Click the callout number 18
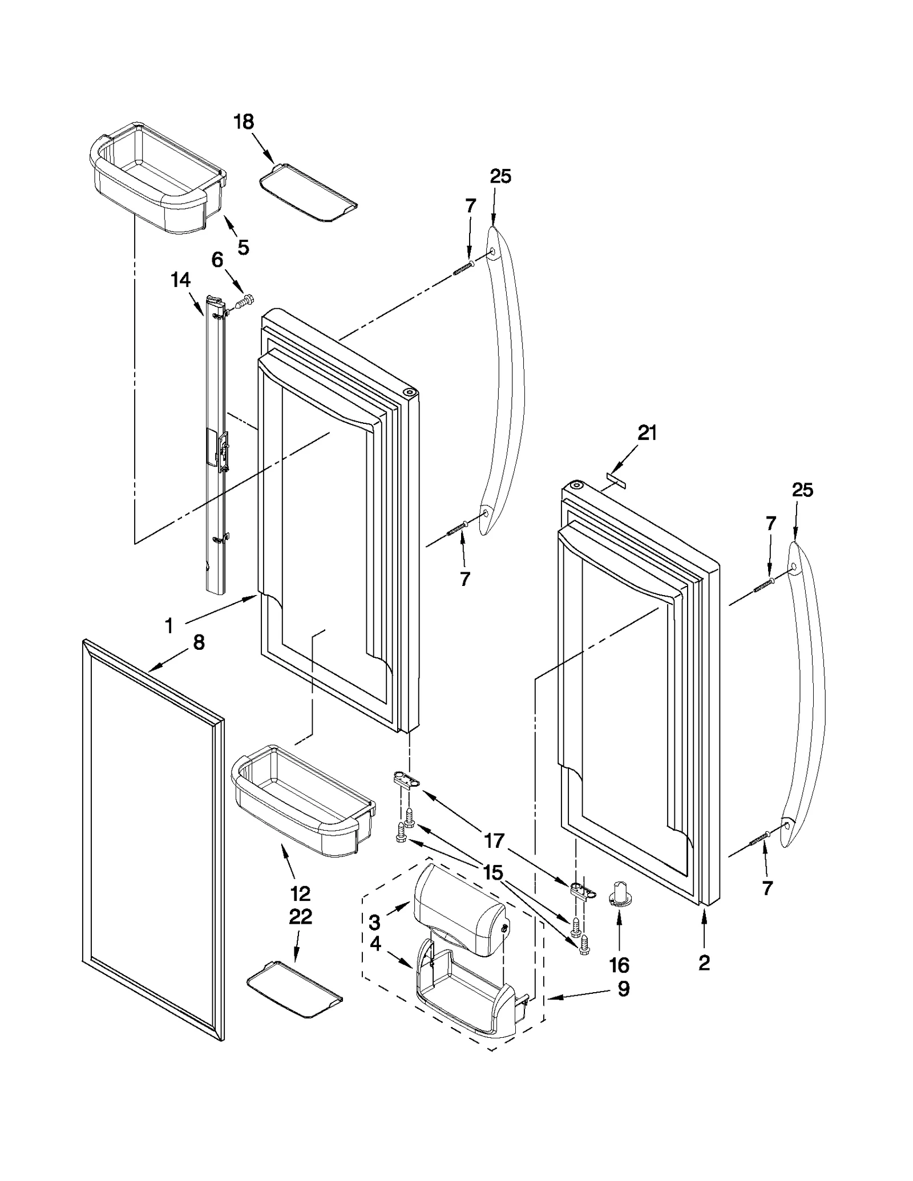(244, 122)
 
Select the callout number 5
(243, 247)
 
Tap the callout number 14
(180, 280)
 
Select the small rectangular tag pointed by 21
(616, 475)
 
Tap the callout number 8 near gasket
(199, 642)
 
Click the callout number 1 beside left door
(169, 626)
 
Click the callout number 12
(301, 893)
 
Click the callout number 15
(493, 872)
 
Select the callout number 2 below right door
(704, 962)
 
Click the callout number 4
(375, 944)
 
